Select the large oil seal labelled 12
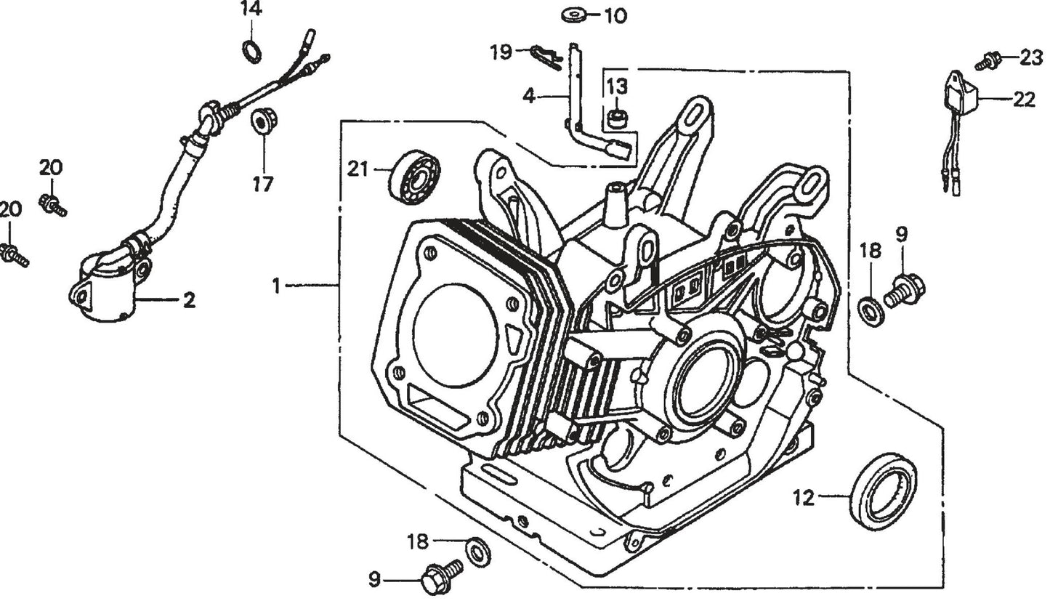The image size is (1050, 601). point(883,491)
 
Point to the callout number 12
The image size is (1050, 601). point(804,499)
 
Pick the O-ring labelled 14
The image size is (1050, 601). point(251,52)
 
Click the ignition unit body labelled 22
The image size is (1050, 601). point(959,93)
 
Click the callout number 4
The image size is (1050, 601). point(529,95)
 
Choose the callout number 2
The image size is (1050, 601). point(189,299)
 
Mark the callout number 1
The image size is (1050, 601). point(276,286)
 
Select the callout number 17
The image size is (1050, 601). point(263,185)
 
